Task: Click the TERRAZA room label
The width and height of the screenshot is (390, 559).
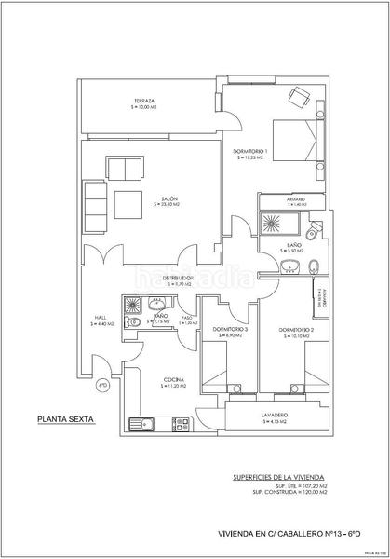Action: coord(142,102)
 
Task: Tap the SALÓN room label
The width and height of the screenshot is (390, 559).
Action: coord(168,199)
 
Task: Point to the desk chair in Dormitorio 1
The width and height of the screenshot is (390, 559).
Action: coord(300,95)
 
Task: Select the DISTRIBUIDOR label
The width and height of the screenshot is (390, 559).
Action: coord(178,278)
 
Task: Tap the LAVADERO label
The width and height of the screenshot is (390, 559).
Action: coord(274,416)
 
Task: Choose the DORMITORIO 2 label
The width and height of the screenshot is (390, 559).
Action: coord(296,331)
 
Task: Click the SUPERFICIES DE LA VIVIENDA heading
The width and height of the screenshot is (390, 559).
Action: coord(274,476)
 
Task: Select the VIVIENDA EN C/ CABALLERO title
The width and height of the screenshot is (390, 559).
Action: coord(277,533)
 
